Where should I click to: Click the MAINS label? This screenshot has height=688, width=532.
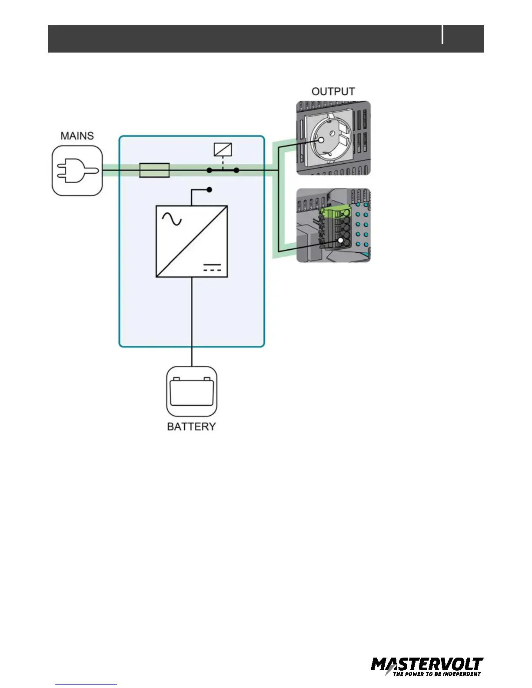[77, 136]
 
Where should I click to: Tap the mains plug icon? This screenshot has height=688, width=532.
[77, 171]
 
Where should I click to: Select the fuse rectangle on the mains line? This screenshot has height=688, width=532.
[154, 170]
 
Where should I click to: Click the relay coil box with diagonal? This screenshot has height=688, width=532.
[223, 150]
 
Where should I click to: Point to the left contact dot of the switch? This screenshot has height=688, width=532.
[209, 170]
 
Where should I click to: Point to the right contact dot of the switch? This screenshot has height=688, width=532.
[236, 170]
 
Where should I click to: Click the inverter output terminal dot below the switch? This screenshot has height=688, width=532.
[209, 190]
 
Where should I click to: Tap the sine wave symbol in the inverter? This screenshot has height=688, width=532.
[172, 219]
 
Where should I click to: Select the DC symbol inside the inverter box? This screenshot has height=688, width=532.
[212, 267]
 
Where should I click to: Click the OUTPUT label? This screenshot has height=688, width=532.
[333, 92]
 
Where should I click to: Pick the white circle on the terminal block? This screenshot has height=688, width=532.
[342, 241]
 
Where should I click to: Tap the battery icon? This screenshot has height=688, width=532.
[192, 391]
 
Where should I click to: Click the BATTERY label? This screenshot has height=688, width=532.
[191, 427]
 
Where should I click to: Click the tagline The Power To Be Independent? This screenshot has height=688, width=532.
[436, 674]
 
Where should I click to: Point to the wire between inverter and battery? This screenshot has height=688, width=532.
[192, 321]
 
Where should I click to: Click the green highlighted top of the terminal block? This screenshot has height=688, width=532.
[335, 212]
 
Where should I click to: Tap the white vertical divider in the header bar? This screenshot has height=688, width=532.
[443, 35]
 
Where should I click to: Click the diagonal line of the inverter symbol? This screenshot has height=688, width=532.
[192, 241]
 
